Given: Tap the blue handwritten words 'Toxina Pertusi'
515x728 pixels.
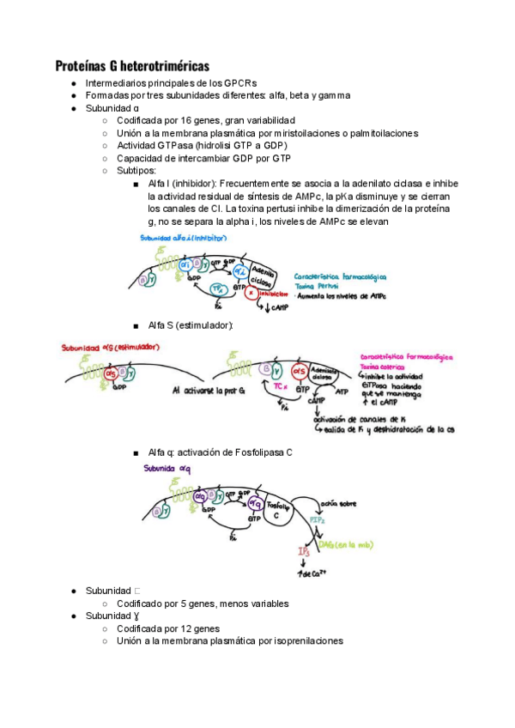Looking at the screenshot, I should [x=315, y=285].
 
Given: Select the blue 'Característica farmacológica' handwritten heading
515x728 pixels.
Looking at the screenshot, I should [x=340, y=276].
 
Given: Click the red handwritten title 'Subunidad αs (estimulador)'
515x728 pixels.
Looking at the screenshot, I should [x=111, y=349].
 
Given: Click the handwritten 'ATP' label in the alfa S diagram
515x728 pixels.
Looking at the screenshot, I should [x=342, y=391].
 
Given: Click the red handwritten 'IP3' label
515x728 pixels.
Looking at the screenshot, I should [x=304, y=551].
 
